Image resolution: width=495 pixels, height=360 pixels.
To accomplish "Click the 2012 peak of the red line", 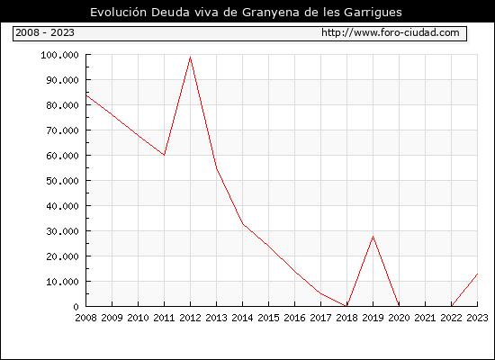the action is [191, 58].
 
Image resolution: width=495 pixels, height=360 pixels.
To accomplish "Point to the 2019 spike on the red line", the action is [373, 236].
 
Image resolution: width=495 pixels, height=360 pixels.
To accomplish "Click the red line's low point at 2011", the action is [164, 155].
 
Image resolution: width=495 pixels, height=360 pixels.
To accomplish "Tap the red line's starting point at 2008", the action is [86, 95].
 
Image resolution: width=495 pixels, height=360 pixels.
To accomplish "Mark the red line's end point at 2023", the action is [477, 274].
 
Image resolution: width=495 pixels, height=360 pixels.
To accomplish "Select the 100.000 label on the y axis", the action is [59, 55].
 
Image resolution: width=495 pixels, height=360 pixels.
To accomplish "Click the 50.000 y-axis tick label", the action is [62, 181].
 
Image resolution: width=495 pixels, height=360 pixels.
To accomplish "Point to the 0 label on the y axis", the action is [76, 307].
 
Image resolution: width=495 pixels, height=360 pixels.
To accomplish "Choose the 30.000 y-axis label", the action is [62, 231].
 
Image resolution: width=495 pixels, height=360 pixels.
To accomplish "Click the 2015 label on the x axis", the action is [269, 318].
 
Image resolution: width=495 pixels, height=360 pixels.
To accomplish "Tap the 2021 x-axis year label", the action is [425, 318].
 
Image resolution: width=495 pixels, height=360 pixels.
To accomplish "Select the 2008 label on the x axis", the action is [85, 318].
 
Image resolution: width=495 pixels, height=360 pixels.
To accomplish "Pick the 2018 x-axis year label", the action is [346, 318].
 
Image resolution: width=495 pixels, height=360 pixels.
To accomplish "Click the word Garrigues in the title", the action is [373, 13].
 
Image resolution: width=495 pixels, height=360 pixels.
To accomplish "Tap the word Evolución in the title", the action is [119, 12].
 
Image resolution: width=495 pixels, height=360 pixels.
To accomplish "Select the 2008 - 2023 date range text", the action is [45, 32].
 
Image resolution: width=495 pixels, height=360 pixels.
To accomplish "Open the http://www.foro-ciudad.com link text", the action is [391, 32].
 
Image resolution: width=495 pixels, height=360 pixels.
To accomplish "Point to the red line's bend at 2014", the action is [242, 223].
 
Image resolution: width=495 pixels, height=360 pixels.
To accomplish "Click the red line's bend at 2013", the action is [217, 168].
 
